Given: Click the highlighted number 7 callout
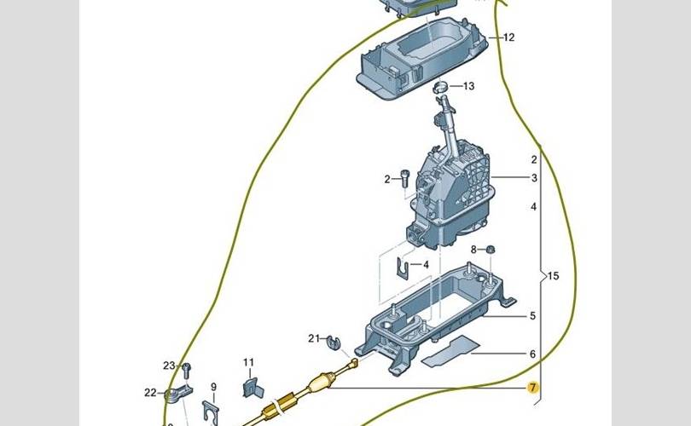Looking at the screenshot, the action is click(533, 388).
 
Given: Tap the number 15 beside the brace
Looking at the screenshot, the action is click(553, 276).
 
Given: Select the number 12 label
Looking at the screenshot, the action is click(508, 37).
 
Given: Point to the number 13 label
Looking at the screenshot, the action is click(468, 86).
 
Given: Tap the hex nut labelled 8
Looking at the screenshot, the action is click(490, 250).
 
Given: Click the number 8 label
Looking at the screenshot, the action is click(473, 250).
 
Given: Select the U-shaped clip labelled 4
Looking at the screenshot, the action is click(403, 268).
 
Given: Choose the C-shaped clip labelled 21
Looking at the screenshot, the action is click(334, 343).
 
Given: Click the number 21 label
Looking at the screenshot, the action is click(314, 338).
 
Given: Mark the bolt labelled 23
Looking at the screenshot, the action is click(187, 371).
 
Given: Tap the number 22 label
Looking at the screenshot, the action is click(150, 392).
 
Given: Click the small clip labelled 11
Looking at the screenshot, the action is click(253, 388).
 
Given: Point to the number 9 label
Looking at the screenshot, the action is click(214, 387).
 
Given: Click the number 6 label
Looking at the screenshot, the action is click(533, 354).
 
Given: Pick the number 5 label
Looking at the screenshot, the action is click(533, 315).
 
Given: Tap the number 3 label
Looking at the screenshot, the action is click(534, 178).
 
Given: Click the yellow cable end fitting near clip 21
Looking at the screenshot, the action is click(353, 364).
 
